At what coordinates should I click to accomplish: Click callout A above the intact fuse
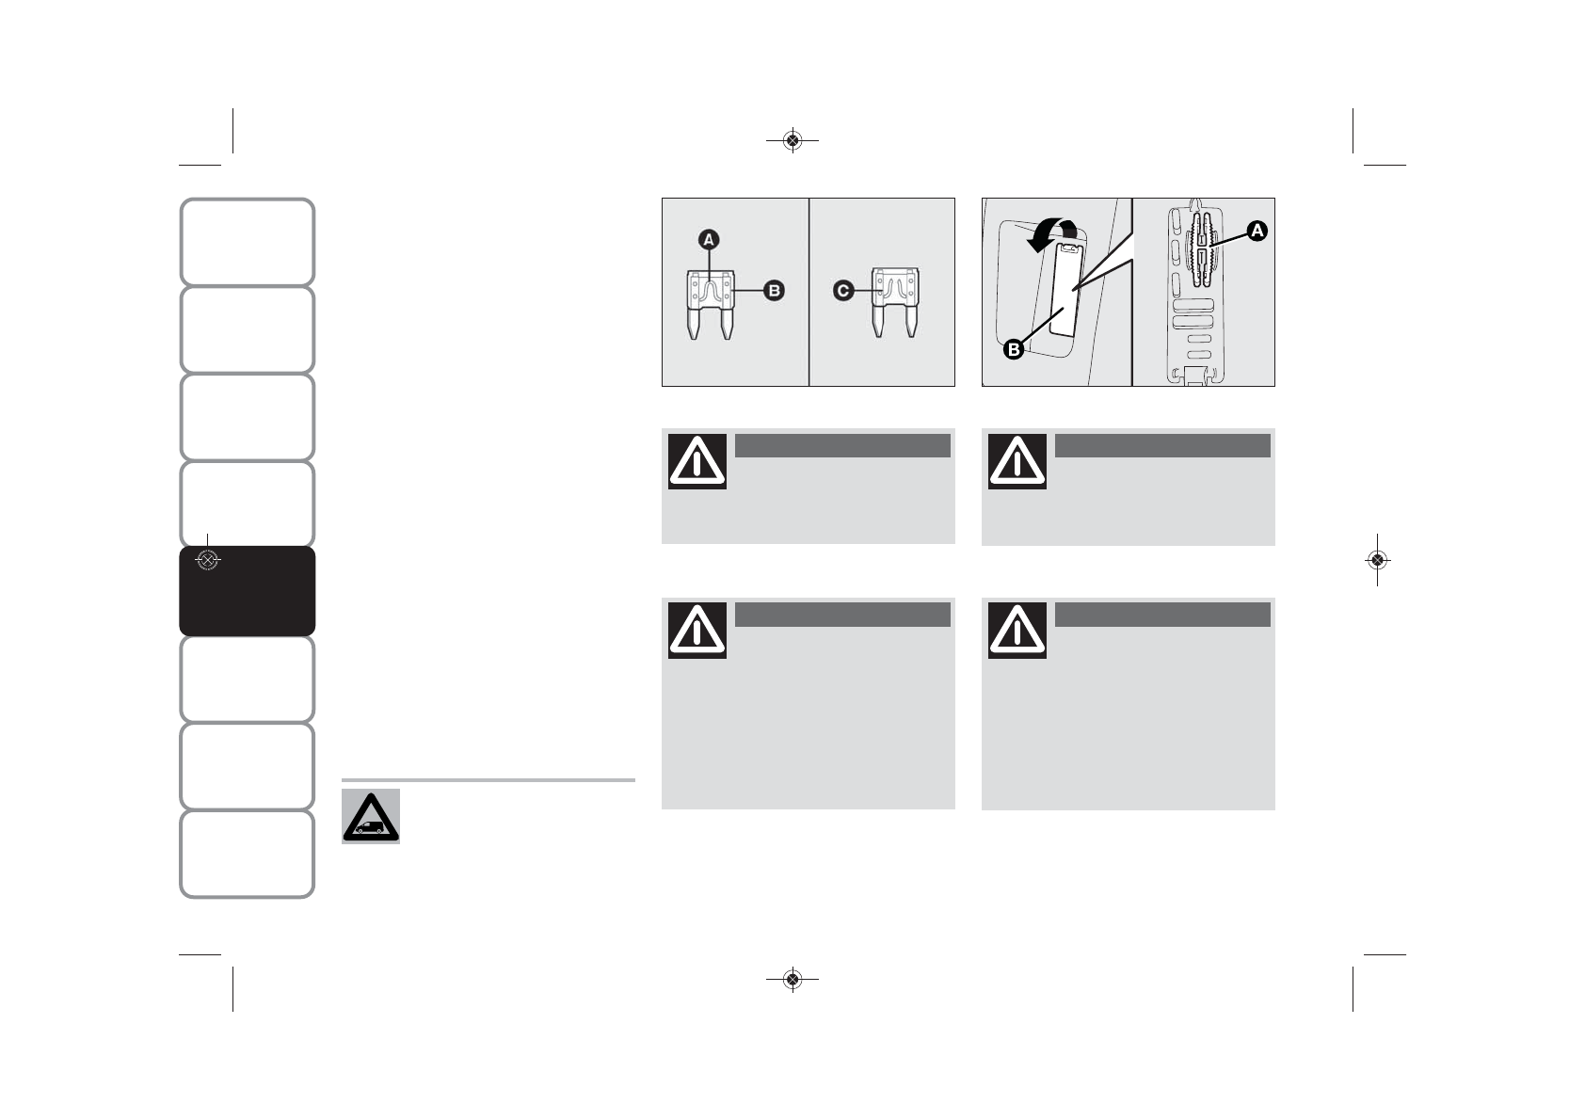[x=709, y=240]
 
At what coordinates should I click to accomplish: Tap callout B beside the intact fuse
[x=773, y=291]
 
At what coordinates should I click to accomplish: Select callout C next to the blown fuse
[x=843, y=291]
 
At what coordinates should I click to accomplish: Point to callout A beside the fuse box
[x=1257, y=231]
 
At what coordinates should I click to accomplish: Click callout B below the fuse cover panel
[x=1014, y=350]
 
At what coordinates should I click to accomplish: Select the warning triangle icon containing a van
[x=371, y=816]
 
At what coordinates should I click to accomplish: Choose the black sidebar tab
[x=247, y=591]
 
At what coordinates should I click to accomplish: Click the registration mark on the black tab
[x=207, y=561]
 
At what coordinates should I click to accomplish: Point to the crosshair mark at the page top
[x=792, y=141]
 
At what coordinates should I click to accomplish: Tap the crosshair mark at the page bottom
[x=792, y=980]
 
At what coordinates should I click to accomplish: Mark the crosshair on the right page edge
[x=1377, y=560]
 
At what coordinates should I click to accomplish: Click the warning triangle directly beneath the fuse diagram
[x=697, y=461]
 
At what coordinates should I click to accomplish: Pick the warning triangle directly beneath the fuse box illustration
[x=1017, y=461]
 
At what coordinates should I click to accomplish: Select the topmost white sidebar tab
[x=247, y=242]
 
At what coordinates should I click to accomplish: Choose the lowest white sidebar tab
[x=247, y=854]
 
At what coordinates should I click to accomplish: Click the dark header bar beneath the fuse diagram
[x=841, y=445]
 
